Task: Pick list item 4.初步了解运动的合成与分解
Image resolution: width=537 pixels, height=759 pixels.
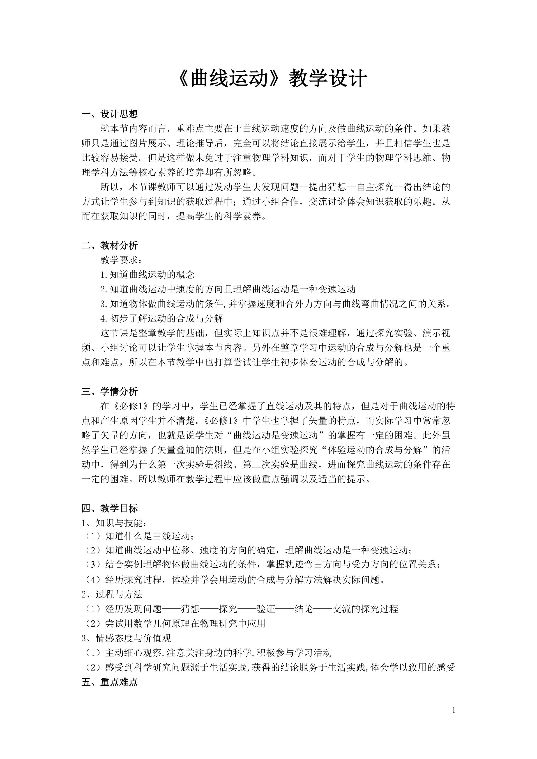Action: coord(162,318)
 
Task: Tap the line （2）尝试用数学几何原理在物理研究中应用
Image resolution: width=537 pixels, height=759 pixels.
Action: coord(174,624)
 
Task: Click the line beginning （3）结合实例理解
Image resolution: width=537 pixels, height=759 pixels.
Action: coord(261,566)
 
